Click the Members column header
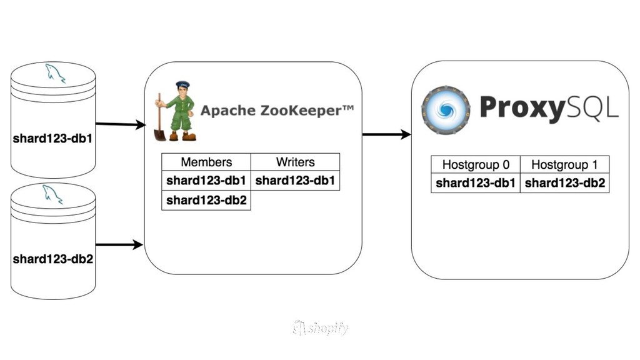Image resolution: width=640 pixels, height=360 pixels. pyautogui.click(x=206, y=162)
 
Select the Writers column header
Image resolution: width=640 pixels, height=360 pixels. pyautogui.click(x=295, y=162)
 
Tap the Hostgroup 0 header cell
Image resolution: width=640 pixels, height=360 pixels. pyautogui.click(x=476, y=165)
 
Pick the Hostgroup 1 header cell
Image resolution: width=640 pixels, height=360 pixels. pyautogui.click(x=564, y=165)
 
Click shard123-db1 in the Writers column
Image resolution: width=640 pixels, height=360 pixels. pyautogui.click(x=295, y=181)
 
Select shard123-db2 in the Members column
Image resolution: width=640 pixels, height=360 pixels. pyautogui.click(x=206, y=201)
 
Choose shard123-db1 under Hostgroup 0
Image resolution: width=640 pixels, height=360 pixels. pyautogui.click(x=476, y=183)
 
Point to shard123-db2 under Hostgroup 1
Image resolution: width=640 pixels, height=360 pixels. pyautogui.click(x=564, y=183)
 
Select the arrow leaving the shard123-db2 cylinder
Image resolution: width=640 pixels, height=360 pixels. pyautogui.click(x=119, y=244)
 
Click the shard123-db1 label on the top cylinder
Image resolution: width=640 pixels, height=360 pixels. pyautogui.click(x=53, y=138)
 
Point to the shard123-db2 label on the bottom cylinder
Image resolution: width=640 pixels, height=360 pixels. pyautogui.click(x=53, y=258)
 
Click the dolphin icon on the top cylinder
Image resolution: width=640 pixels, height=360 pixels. pyautogui.click(x=54, y=74)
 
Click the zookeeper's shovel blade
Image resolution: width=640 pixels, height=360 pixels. pyautogui.click(x=159, y=134)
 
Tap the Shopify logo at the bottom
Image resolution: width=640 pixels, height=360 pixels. pyautogui.click(x=320, y=327)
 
